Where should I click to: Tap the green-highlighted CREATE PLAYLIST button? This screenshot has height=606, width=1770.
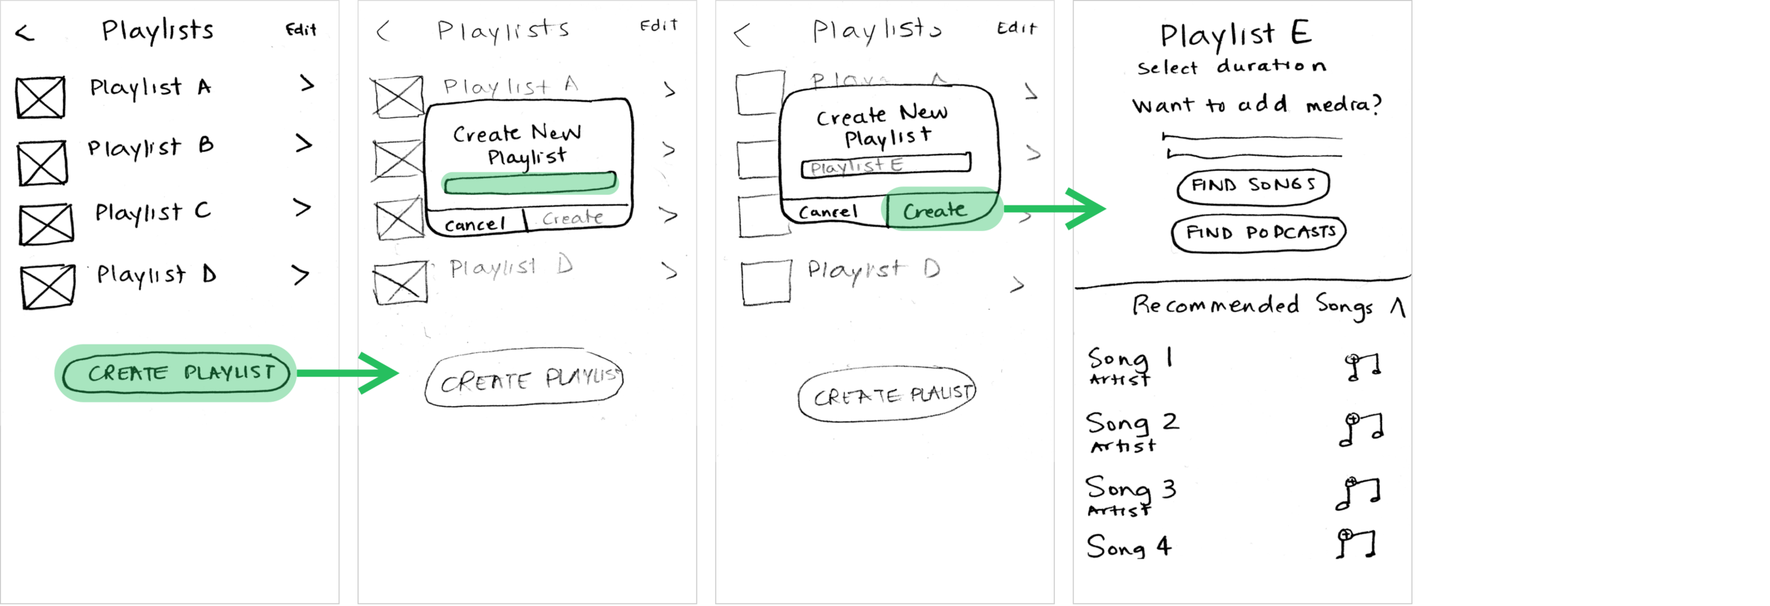pos(176,374)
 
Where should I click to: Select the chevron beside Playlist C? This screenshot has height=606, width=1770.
pos(302,208)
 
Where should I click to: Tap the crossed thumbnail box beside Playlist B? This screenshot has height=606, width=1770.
pos(42,163)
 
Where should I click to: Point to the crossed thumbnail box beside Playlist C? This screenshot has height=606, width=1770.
pos(46,224)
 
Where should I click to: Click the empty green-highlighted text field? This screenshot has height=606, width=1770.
pos(530,183)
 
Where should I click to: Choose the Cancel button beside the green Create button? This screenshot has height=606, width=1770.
pos(828,211)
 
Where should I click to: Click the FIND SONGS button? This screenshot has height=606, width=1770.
pos(1253,186)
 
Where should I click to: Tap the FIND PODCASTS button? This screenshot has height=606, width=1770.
pos(1259,233)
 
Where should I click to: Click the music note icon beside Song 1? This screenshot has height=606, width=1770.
pos(1362,367)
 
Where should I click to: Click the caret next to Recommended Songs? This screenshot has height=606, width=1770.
pos(1397,307)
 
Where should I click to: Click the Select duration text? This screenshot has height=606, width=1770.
pos(1231,67)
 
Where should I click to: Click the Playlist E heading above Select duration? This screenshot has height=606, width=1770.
pos(1235,34)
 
